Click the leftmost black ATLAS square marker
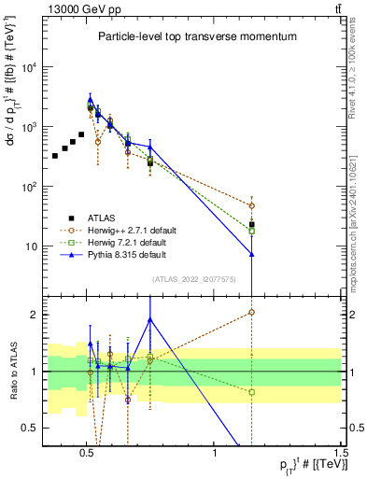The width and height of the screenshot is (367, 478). (x=55, y=155)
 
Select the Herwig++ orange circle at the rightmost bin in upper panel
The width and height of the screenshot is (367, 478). (x=251, y=205)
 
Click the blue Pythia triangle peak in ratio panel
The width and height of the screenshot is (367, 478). (x=149, y=319)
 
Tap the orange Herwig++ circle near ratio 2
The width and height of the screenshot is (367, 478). (x=251, y=313)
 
